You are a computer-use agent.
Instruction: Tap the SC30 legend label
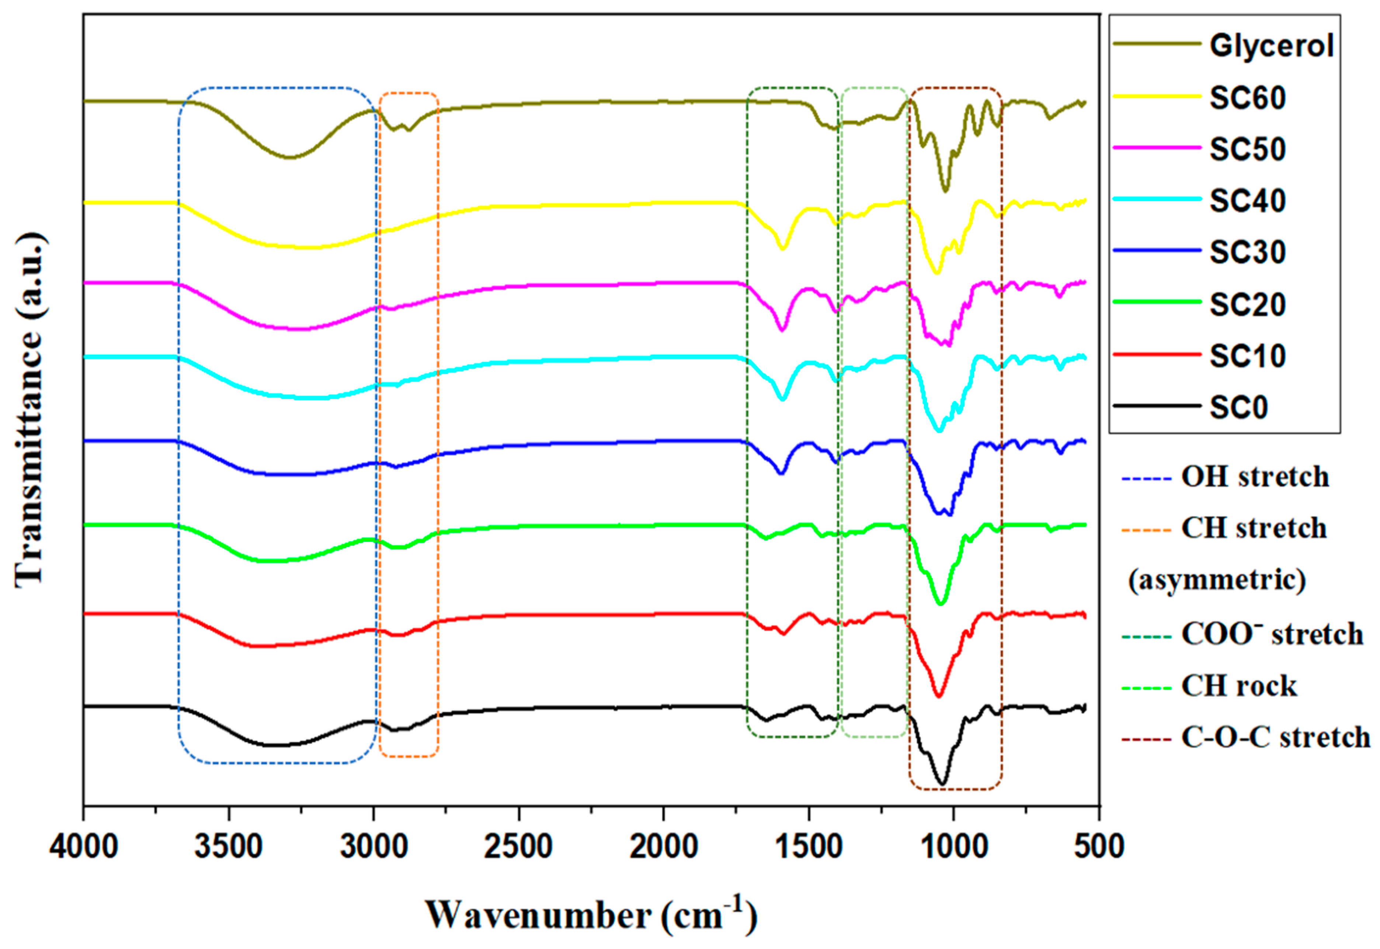point(1247,252)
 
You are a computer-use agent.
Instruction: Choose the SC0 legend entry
point(1238,407)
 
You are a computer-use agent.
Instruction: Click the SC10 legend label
point(1247,356)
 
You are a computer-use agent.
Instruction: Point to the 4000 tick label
point(83,846)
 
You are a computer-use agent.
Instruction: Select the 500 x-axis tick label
point(1099,846)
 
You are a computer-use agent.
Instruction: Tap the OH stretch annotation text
point(1255,477)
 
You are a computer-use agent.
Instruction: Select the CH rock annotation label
point(1238,686)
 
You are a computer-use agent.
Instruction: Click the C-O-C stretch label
point(1275,737)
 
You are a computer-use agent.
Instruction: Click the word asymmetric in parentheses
point(1217,580)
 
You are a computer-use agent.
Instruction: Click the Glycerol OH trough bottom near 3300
point(289,157)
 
